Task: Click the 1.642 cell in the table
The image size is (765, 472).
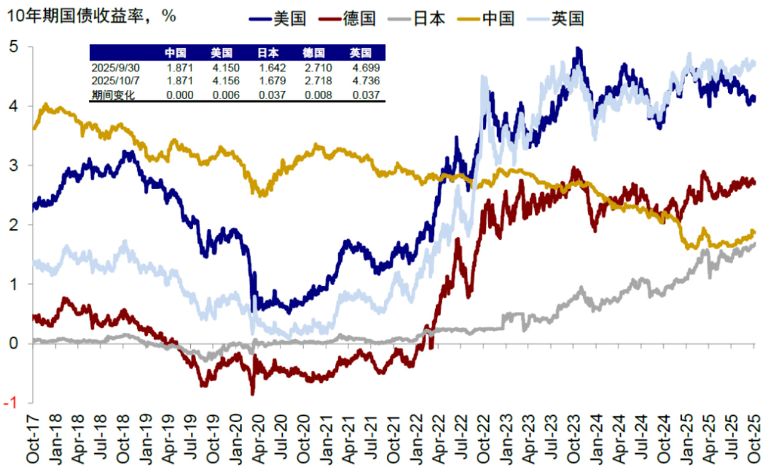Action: click(x=271, y=67)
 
